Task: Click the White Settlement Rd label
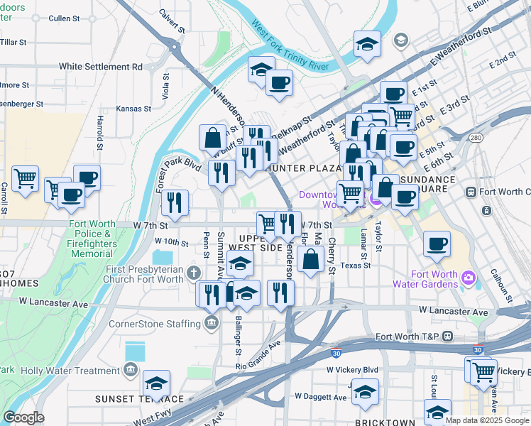(x=101, y=67)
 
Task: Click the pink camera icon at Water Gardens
(x=468, y=276)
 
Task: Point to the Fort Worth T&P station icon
(x=448, y=336)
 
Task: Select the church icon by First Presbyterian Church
(x=193, y=272)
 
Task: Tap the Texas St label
(x=356, y=266)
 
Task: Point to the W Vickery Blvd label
(x=352, y=370)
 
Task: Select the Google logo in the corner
(x=23, y=417)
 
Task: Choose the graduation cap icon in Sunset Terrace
(x=156, y=384)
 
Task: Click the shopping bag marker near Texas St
(x=311, y=259)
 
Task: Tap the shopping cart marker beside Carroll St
(x=25, y=179)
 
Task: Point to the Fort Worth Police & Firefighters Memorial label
(x=91, y=239)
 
